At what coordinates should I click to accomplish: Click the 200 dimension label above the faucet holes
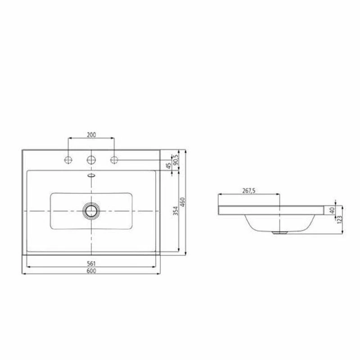click(91, 135)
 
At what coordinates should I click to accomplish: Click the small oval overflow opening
click(91, 175)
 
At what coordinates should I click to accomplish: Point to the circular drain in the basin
click(91, 210)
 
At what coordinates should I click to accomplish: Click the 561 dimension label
click(91, 263)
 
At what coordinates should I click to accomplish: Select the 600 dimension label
click(91, 270)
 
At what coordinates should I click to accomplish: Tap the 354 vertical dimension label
click(176, 211)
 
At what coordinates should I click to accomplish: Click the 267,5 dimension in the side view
click(249, 191)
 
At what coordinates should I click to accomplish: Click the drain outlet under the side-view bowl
click(280, 233)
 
